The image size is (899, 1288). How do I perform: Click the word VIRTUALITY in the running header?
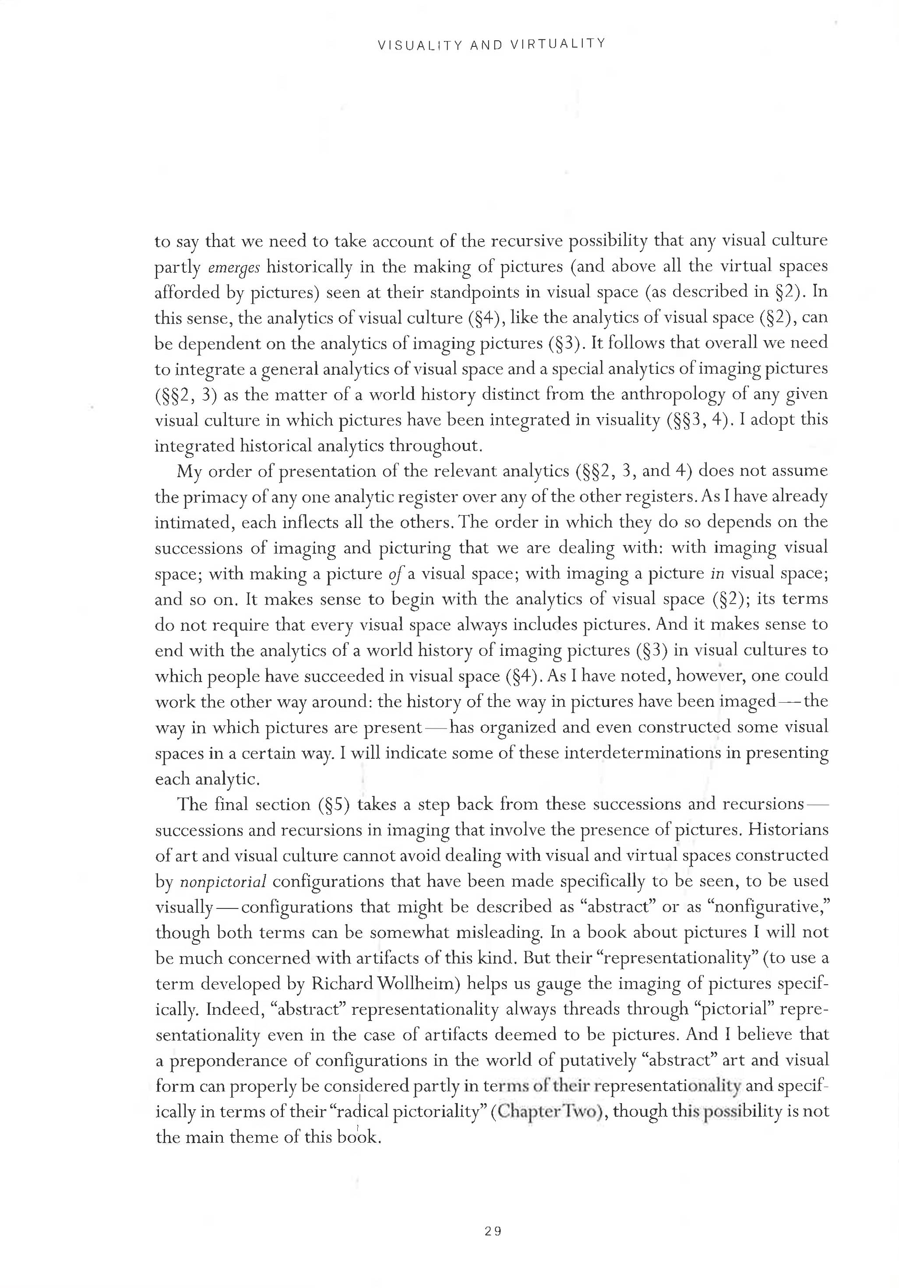(558, 44)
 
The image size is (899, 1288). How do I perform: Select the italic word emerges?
(233, 267)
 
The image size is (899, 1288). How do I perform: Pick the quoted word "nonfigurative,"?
(781, 907)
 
